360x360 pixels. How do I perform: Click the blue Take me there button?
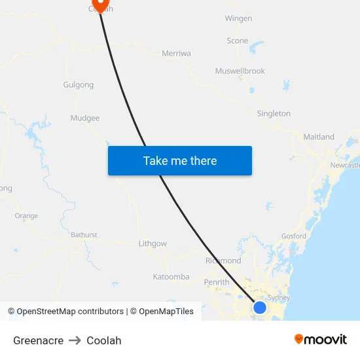pyautogui.click(x=180, y=160)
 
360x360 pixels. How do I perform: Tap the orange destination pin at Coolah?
pyautogui.click(x=99, y=5)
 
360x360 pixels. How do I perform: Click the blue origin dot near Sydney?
pyautogui.click(x=260, y=307)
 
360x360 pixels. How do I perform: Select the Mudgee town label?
pyautogui.click(x=85, y=118)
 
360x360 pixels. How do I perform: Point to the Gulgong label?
pyautogui.click(x=79, y=85)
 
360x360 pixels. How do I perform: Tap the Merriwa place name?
pyautogui.click(x=176, y=54)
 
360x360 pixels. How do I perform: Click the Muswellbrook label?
pyautogui.click(x=240, y=71)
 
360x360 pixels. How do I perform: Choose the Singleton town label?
pyautogui.click(x=274, y=114)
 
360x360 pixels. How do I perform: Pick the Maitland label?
pyautogui.click(x=319, y=137)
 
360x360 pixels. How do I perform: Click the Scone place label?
pyautogui.click(x=238, y=41)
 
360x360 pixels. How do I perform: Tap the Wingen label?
pyautogui.click(x=238, y=19)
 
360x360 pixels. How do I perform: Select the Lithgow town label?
pyautogui.click(x=153, y=244)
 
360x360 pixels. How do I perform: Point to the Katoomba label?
pyautogui.click(x=171, y=277)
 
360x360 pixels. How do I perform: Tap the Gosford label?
pyautogui.click(x=293, y=236)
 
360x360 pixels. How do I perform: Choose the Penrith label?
pyautogui.click(x=217, y=283)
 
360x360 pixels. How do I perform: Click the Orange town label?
pyautogui.click(x=26, y=216)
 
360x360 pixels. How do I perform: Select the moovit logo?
pyautogui.click(x=321, y=340)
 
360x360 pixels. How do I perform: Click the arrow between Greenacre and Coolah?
pyautogui.click(x=75, y=340)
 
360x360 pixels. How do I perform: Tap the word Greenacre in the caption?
pyautogui.click(x=38, y=340)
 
